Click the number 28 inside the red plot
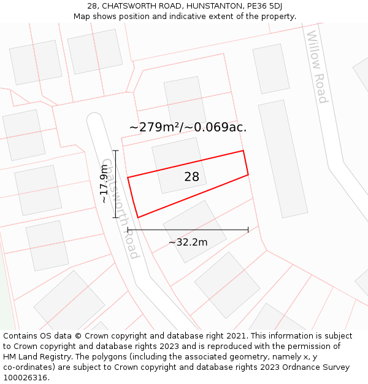(x=191, y=177)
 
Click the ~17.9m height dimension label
(x=104, y=184)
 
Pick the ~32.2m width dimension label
(x=188, y=242)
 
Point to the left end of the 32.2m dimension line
(x=128, y=230)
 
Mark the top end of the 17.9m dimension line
(x=115, y=150)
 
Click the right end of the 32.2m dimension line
(x=248, y=230)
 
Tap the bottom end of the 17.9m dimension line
(x=115, y=217)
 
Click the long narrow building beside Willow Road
(x=283, y=159)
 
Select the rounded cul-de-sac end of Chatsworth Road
(x=94, y=119)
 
